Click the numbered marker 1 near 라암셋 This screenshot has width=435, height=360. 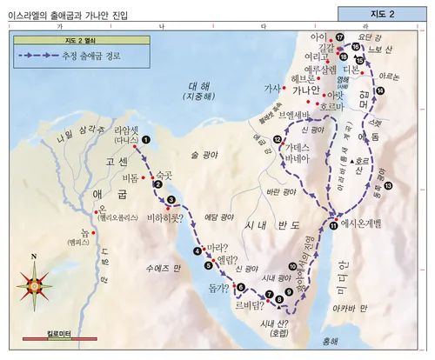[x=146, y=139]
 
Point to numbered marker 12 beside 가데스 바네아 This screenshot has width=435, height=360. [x=277, y=140]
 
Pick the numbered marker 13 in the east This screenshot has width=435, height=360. [x=388, y=185]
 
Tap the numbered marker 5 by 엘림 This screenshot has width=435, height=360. [x=208, y=265]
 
